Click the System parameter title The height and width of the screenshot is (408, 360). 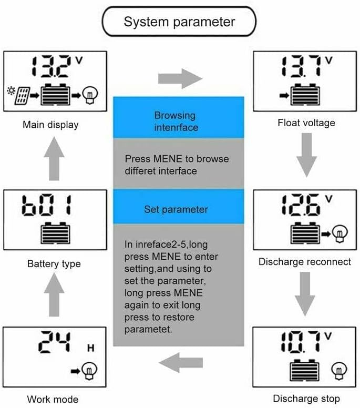(x=179, y=22)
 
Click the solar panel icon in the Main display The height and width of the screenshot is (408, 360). (x=22, y=95)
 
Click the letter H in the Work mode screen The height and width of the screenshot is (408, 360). (x=90, y=349)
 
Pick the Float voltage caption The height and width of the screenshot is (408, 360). (x=306, y=123)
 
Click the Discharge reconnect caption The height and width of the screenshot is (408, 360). (x=305, y=261)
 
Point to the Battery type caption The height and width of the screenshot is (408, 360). (x=54, y=263)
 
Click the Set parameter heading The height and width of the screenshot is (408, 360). (x=176, y=209)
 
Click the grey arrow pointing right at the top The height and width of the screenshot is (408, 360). (x=180, y=79)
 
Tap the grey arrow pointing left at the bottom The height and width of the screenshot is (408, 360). (x=181, y=362)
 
